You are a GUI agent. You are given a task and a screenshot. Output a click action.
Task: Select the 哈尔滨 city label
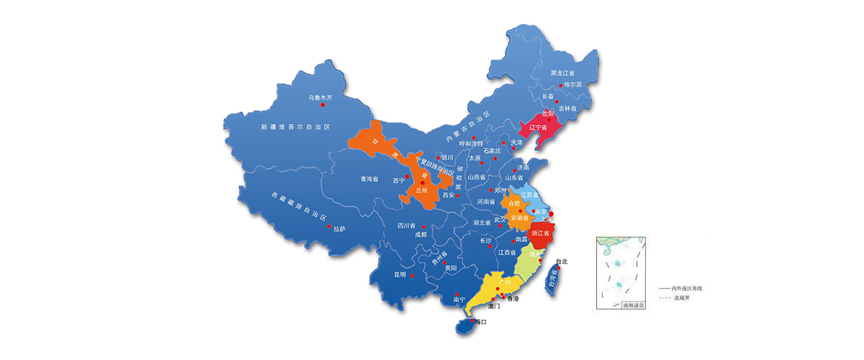point(572,84)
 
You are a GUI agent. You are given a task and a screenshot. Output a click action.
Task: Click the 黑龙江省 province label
point(562,73)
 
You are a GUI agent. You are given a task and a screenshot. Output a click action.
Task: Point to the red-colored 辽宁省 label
point(539,127)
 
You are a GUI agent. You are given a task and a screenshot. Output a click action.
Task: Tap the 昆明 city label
point(400,274)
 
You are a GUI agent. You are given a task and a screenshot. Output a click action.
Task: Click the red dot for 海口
point(472,321)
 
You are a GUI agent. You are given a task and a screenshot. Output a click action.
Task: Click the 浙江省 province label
point(541,233)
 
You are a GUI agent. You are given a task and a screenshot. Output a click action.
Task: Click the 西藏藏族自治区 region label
point(299,207)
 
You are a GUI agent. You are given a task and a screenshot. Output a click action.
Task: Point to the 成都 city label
point(420,234)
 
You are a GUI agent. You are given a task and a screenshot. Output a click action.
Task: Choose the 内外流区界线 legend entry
point(685,287)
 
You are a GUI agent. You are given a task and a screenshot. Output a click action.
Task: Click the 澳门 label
point(494,306)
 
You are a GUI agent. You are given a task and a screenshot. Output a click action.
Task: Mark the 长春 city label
point(548,96)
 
